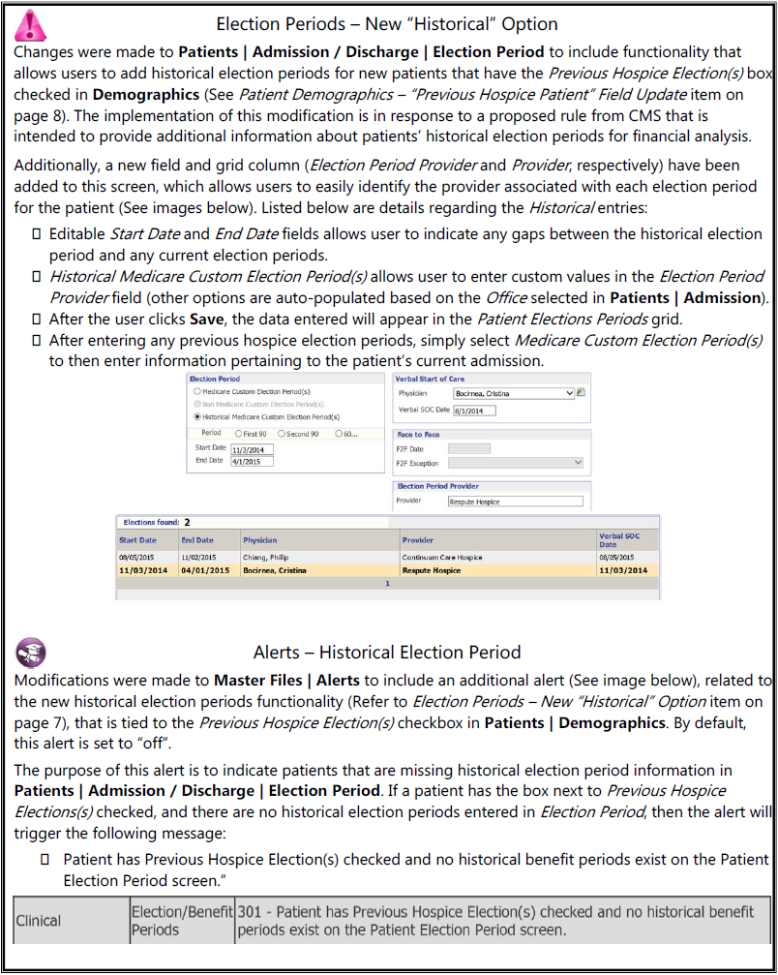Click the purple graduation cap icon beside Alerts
coord(31,653)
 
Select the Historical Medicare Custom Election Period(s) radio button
coord(197,416)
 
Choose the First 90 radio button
coord(240,434)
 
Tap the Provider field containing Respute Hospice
coord(515,502)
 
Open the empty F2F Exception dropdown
coord(518,463)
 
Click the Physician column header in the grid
coord(260,540)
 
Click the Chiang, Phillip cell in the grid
coord(266,558)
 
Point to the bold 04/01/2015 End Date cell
coord(204,570)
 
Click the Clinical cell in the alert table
coord(39,921)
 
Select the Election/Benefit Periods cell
coord(182,921)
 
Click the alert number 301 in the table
coord(251,912)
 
